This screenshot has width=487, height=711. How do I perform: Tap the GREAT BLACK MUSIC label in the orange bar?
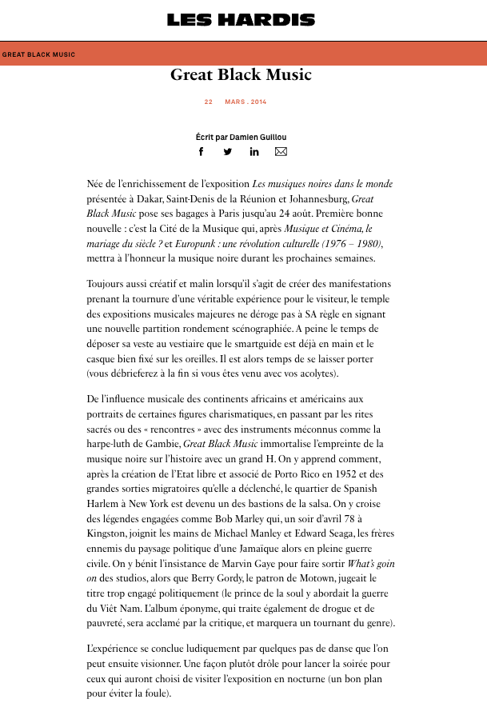[x=38, y=54]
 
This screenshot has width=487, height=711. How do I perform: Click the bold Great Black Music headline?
[x=241, y=75]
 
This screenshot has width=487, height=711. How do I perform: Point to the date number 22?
[x=209, y=102]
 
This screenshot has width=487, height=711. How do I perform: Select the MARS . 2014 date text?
[x=245, y=102]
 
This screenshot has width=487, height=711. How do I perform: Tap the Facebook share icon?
[x=202, y=152]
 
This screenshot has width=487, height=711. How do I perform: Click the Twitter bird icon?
[x=228, y=152]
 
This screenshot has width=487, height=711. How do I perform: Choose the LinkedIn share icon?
[x=254, y=152]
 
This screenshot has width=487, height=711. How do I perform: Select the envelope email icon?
[x=281, y=152]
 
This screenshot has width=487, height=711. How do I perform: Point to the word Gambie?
[x=163, y=443]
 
